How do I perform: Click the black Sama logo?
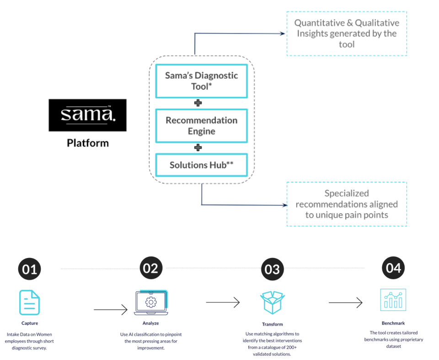tap(87, 115)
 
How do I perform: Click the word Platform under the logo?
tap(88, 143)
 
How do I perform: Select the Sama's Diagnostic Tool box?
tap(202, 81)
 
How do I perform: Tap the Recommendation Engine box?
tap(202, 126)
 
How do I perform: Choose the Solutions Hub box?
tap(202, 165)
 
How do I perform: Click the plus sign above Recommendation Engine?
tap(198, 103)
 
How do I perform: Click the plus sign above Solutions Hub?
tap(198, 148)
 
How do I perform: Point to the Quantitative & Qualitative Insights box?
tap(347, 33)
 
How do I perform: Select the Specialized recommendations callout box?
tap(347, 204)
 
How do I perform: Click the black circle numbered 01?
tap(29, 269)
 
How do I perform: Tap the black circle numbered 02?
tap(151, 268)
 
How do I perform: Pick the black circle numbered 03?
tap(272, 269)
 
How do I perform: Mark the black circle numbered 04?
tap(393, 268)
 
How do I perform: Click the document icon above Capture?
tap(29, 302)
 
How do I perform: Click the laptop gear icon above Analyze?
tap(151, 302)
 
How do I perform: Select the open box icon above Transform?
tap(273, 302)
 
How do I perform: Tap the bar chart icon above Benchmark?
tap(393, 300)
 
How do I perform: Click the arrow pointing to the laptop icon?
tap(111, 310)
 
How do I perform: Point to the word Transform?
tap(273, 324)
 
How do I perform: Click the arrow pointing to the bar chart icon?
tap(346, 302)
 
